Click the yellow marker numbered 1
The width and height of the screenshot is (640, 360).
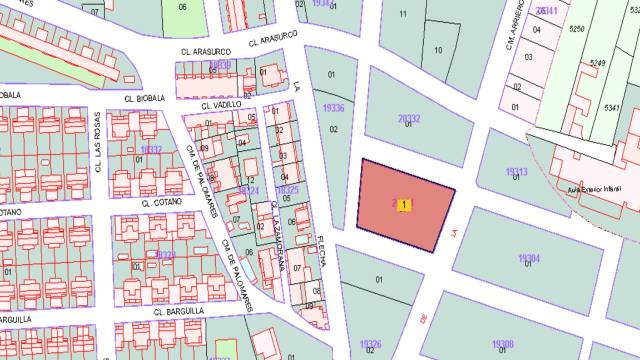click(x=404, y=205)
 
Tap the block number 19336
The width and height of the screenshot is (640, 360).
click(x=334, y=108)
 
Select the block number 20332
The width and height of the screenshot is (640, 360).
click(x=409, y=118)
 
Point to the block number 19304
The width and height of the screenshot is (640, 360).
click(x=529, y=258)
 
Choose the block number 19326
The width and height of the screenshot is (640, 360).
click(x=370, y=345)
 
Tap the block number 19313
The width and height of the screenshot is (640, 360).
click(x=517, y=171)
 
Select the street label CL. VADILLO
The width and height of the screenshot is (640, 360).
click(x=221, y=105)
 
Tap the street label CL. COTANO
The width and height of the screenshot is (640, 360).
click(x=159, y=201)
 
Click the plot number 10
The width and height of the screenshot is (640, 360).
click(x=438, y=49)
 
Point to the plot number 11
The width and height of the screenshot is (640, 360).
click(x=402, y=13)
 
